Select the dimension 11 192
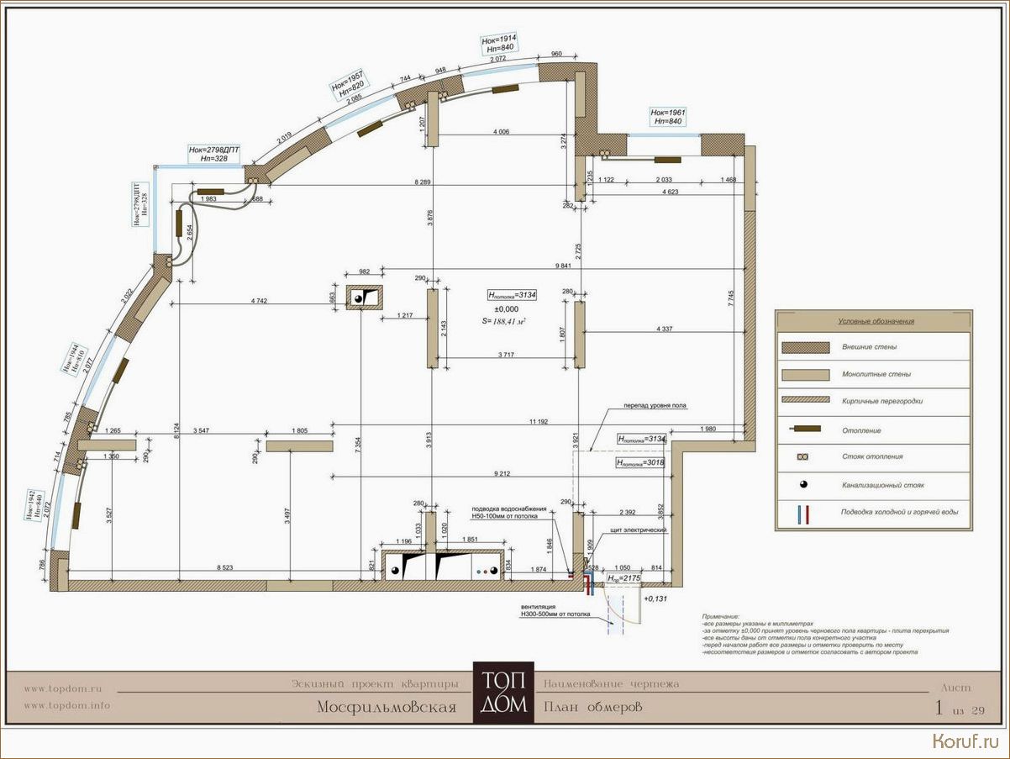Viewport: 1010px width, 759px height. (539, 420)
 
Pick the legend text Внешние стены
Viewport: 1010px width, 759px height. (869, 347)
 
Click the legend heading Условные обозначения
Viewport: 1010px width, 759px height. (875, 321)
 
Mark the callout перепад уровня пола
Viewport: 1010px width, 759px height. (655, 405)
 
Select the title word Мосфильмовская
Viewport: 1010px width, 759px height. (387, 707)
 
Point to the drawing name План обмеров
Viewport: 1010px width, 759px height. (592, 707)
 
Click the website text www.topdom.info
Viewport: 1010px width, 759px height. (66, 705)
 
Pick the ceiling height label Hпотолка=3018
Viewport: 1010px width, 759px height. (641, 462)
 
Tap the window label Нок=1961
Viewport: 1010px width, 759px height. (667, 112)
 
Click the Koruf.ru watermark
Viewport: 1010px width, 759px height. (965, 740)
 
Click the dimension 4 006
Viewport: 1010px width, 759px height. (502, 132)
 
